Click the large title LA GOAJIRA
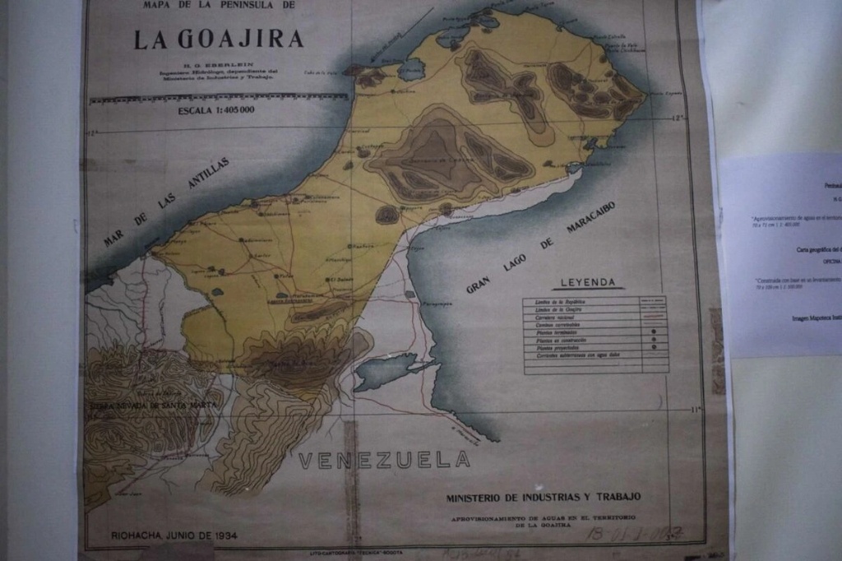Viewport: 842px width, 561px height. coord(219,39)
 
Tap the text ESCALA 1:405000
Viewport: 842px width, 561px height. coord(215,109)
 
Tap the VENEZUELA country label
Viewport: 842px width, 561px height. coord(384,460)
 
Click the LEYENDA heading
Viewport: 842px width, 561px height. coord(588,283)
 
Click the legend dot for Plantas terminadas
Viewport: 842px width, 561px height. coord(653,332)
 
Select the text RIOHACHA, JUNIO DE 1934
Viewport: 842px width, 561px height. coord(174,535)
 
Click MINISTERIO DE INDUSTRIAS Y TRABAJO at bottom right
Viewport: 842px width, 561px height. coord(544,498)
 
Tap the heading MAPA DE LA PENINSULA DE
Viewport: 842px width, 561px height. coord(218,6)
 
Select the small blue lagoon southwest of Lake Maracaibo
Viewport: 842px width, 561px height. coord(386,371)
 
